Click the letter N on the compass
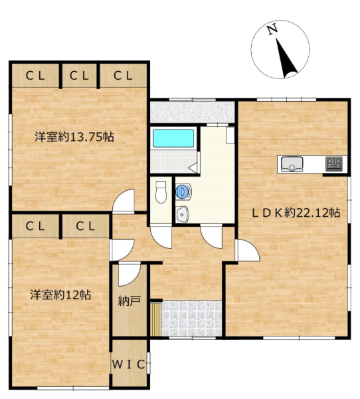tap(272, 29)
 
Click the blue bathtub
tap(173, 138)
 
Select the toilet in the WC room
tap(161, 192)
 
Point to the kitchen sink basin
tap(292, 164)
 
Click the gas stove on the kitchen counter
tap(334, 164)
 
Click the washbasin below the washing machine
tap(182, 214)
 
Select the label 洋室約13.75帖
tap(74, 137)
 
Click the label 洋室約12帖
tap(60, 295)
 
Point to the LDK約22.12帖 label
tap(296, 213)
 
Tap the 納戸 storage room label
tap(130, 301)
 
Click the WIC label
tap(128, 364)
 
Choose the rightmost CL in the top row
tap(123, 76)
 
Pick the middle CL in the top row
tap(79, 76)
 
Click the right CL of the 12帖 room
tap(86, 226)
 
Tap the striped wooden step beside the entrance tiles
tap(155, 319)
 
